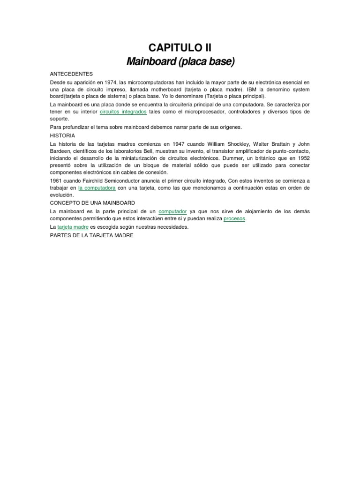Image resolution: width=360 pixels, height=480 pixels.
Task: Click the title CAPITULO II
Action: coord(180,47)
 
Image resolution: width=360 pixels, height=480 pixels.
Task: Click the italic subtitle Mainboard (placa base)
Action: coord(180,61)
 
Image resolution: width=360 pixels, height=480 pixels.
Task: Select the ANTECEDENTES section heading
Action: coord(71,74)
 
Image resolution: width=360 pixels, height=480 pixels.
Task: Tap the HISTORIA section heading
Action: coord(62,135)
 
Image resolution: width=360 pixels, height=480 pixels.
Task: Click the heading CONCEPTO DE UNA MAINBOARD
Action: coord(92,203)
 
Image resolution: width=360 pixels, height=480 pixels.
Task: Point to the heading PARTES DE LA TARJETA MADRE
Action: coord(91,235)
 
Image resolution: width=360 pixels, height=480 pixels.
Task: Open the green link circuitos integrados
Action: coord(123,112)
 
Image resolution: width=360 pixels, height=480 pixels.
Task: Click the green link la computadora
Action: coord(97,188)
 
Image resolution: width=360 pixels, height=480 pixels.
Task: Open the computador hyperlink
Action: coord(172,211)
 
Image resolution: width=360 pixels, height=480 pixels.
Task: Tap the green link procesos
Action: coord(234,219)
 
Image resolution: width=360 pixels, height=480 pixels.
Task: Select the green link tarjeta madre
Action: coord(73,227)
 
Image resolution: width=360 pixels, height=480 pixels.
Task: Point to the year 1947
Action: coord(179,143)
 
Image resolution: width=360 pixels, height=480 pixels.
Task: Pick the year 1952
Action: coord(303,158)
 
